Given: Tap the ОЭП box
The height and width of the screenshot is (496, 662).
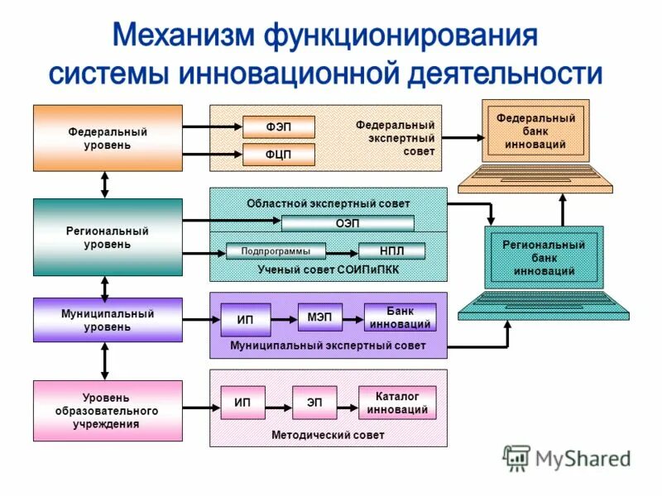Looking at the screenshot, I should pos(348,223).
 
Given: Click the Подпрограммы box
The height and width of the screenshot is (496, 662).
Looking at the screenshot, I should pos(276,251).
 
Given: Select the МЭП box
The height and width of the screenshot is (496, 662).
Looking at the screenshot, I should pos(319,317).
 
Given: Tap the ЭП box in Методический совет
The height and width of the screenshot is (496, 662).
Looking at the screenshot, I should pos(314,403).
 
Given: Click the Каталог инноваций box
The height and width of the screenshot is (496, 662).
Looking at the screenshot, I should pos(396,403).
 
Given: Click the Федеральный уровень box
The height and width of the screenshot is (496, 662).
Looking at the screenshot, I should pos(108,137).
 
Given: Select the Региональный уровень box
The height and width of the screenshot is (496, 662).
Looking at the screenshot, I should pos(108,237).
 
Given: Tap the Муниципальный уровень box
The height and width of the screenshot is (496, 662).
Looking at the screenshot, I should pos(108,320).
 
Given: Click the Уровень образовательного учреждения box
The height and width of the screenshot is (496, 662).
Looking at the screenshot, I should pos(108,411).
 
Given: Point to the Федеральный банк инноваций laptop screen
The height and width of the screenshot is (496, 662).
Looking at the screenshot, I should pos(535,131).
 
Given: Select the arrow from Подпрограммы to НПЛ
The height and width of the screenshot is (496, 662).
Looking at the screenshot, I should pos(343,251).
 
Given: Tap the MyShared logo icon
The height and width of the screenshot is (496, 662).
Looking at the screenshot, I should pos(517,458).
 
